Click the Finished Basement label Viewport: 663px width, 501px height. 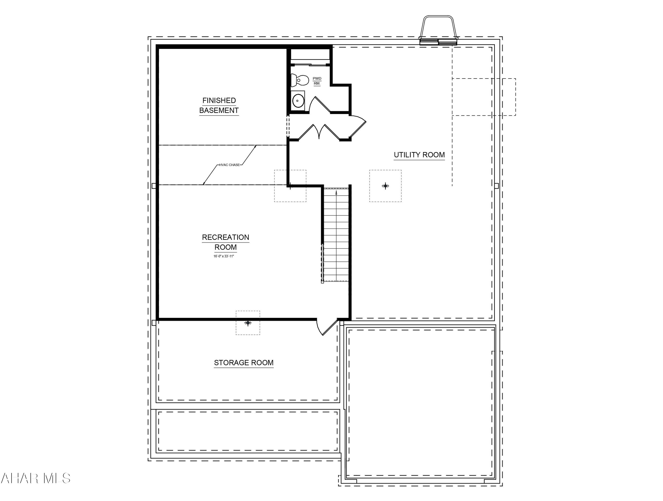(219, 105)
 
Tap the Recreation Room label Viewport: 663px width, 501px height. (225, 242)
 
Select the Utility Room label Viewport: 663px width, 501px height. (419, 155)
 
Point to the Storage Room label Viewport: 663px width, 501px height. (244, 363)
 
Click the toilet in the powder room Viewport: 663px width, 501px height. (300, 80)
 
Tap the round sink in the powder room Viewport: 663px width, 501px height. (298, 101)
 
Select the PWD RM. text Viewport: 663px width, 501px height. (317, 81)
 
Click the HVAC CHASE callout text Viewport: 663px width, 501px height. (229, 165)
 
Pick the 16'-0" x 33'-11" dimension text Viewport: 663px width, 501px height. (224, 256)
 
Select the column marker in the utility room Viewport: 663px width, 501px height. (385, 186)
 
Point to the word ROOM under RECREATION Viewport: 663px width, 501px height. (225, 248)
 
